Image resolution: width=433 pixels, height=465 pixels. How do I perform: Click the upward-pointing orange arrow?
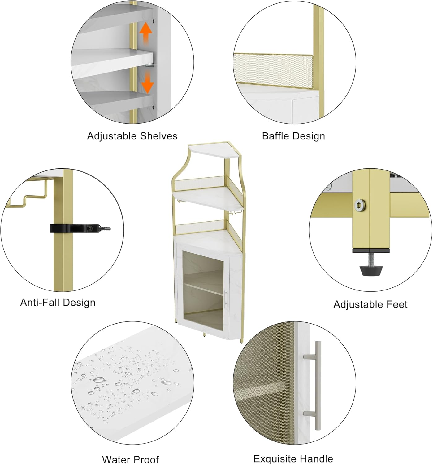tap(146, 33)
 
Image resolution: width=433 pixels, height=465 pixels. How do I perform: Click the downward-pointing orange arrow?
tap(148, 82)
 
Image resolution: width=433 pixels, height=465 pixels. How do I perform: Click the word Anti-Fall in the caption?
tap(40, 303)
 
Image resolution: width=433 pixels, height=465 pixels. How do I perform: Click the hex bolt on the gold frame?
tap(360, 205)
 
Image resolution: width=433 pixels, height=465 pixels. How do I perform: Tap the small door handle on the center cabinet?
tap(225, 299)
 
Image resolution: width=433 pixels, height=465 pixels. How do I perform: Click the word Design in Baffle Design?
tap(308, 136)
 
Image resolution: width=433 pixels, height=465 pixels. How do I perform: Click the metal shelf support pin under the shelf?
tap(149, 65)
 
